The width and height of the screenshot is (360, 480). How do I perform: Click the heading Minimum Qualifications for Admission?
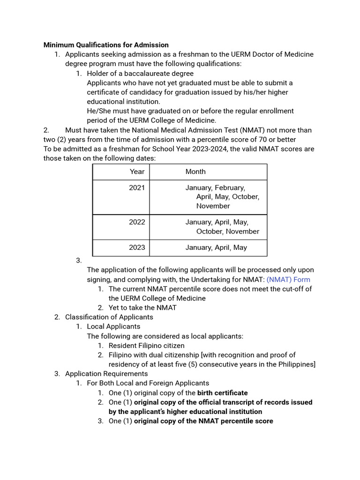click(106, 45)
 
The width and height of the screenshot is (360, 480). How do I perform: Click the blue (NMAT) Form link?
click(288, 279)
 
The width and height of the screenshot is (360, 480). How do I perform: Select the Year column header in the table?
click(137, 172)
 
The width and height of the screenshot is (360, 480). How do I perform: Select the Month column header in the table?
click(195, 172)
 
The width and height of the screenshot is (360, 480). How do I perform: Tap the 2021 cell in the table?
click(137, 187)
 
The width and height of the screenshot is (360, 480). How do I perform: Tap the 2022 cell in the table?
click(137, 222)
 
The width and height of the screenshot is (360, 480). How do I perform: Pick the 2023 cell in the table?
click(137, 247)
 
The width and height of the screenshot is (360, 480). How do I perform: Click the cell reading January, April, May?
click(216, 247)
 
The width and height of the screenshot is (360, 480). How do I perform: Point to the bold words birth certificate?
click(222, 393)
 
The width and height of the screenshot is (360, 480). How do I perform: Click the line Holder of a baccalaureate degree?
click(140, 74)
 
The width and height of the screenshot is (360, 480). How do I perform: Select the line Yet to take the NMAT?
click(142, 307)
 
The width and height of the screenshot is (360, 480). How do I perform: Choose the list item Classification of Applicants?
click(109, 317)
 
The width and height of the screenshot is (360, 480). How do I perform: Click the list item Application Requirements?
click(106, 374)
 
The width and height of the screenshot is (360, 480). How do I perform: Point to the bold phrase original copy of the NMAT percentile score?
click(203, 421)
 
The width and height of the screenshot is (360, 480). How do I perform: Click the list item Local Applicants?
click(113, 326)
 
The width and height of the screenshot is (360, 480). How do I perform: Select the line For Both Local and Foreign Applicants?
click(148, 383)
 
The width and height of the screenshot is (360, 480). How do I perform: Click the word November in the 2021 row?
click(213, 206)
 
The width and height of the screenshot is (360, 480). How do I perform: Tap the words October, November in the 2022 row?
click(227, 231)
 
